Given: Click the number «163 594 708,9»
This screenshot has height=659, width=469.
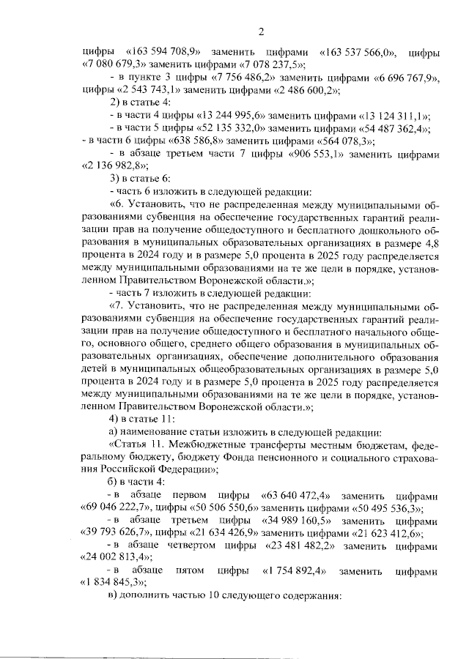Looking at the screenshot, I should (x=163, y=53).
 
